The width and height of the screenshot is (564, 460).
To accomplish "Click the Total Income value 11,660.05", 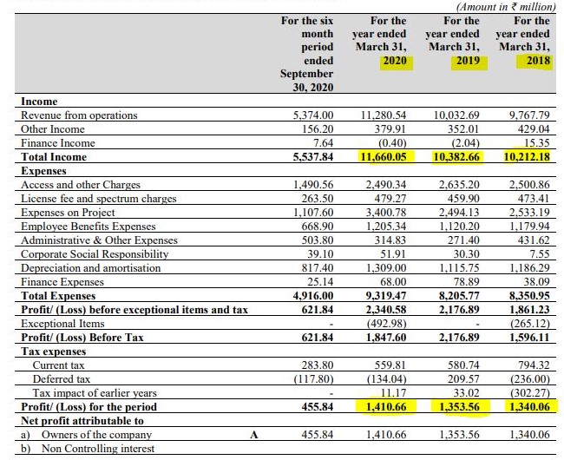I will (x=384, y=157).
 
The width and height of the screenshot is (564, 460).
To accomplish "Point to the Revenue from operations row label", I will (x=79, y=115).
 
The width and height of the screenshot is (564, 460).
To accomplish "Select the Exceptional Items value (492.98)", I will (x=385, y=324).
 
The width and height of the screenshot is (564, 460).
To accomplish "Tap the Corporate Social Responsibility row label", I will (x=94, y=254).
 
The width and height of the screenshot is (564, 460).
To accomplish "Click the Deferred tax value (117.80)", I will (x=312, y=379).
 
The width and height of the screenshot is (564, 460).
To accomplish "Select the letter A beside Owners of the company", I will (x=255, y=434).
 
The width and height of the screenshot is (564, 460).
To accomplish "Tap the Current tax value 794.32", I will (x=531, y=365).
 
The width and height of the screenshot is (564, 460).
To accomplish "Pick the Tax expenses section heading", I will (x=54, y=352).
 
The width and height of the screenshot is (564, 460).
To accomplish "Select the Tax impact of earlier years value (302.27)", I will (x=528, y=393).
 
